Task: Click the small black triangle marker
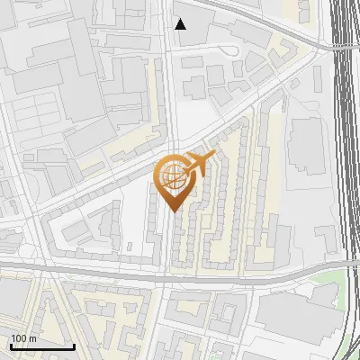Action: (181, 24)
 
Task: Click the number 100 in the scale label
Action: (19, 338)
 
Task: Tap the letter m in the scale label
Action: (32, 338)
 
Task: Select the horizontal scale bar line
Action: (41, 346)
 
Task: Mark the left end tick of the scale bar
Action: (10, 345)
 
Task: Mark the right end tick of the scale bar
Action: (74, 345)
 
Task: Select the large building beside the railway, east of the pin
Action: (308, 144)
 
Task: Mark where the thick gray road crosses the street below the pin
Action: (166, 274)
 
